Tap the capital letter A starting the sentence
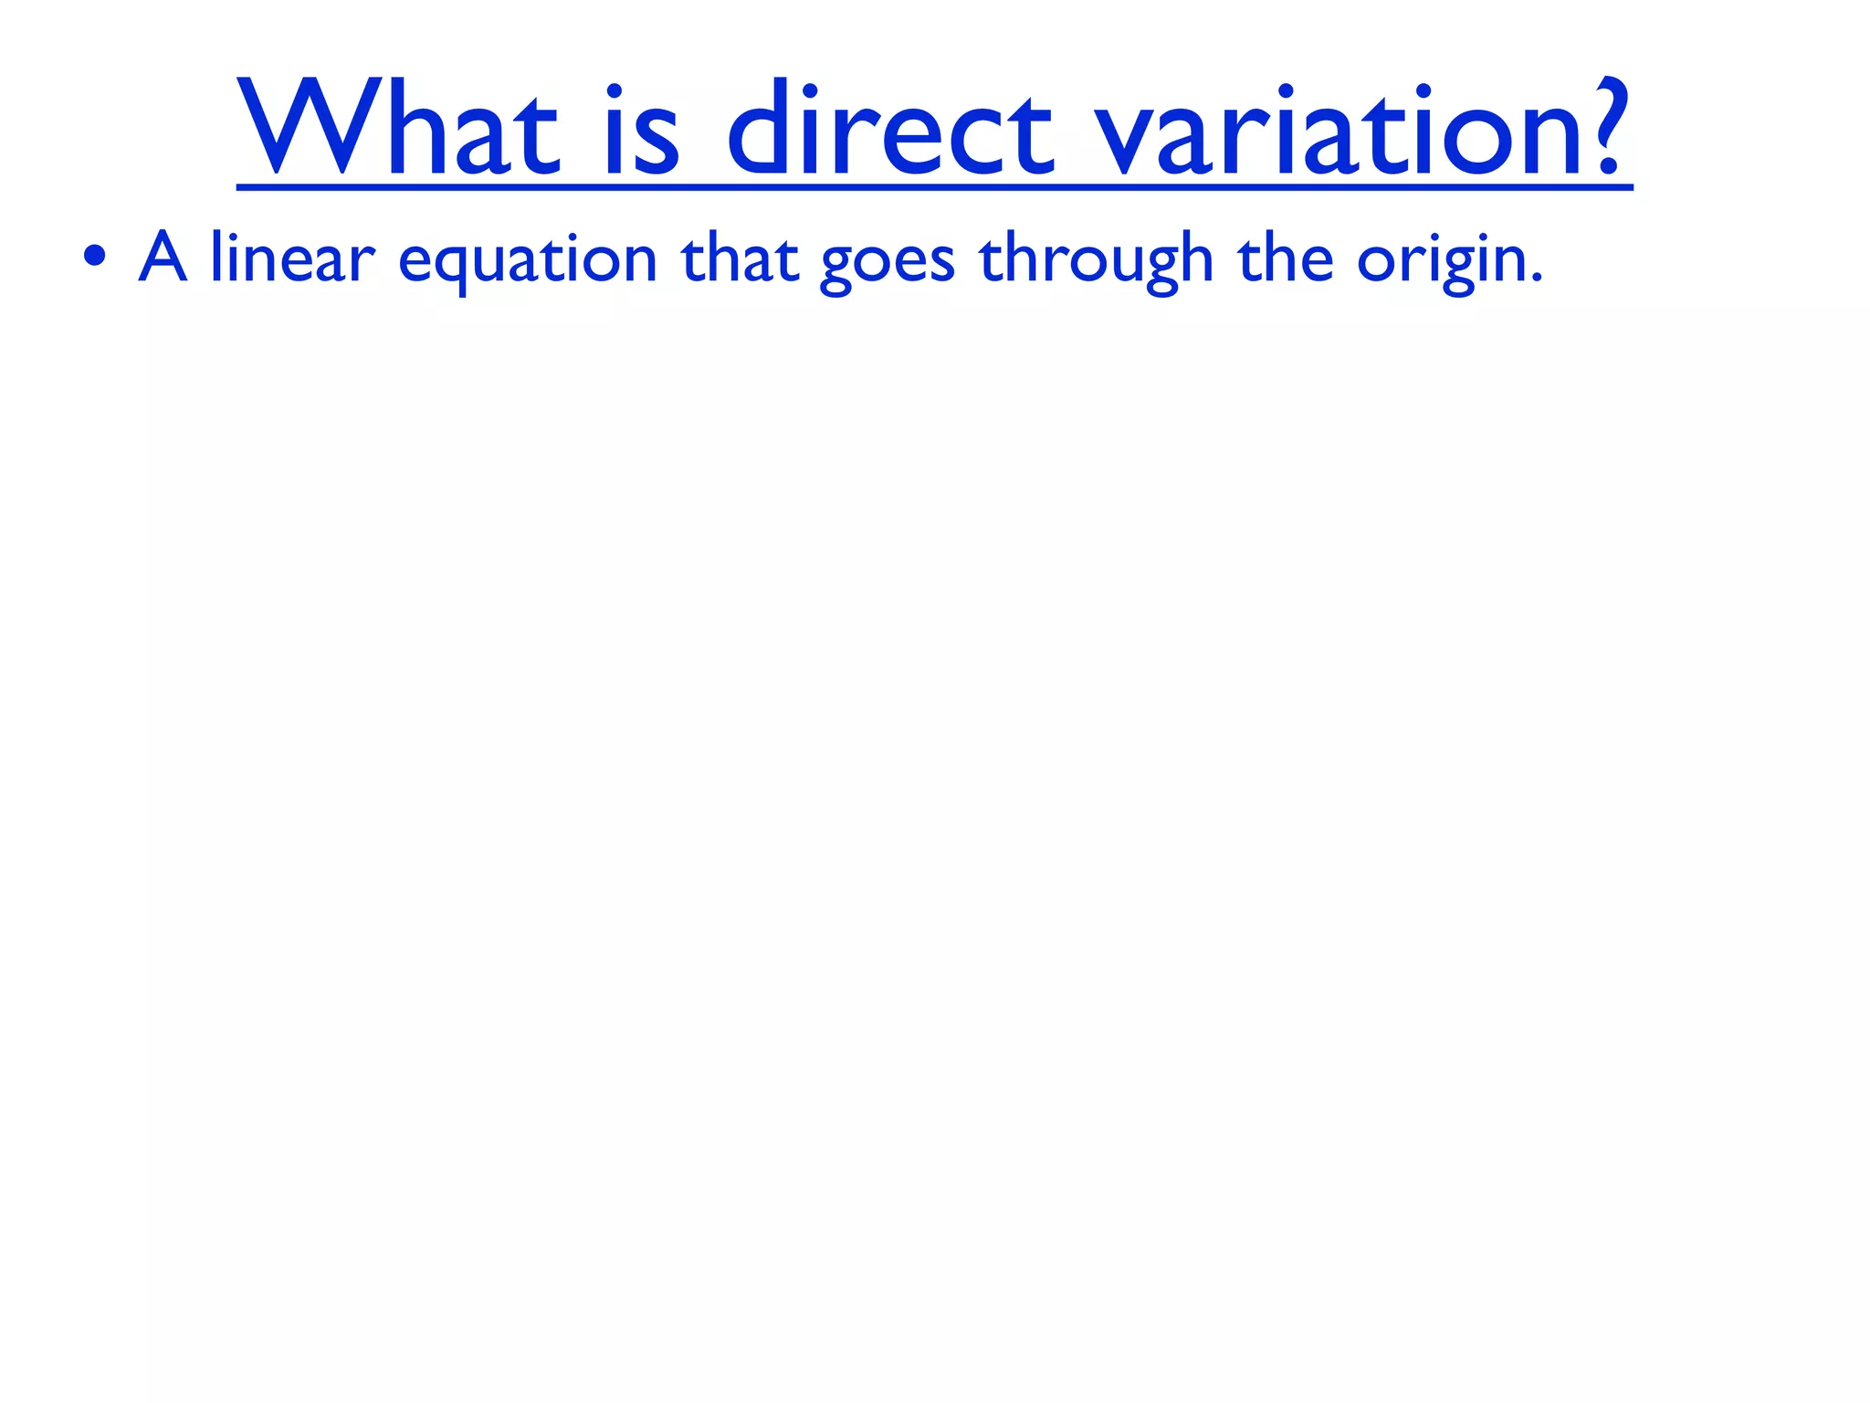tap(163, 258)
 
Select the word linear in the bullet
tap(292, 258)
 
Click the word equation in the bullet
tap(528, 260)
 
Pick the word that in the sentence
tap(740, 258)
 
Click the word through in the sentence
tap(1096, 259)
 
